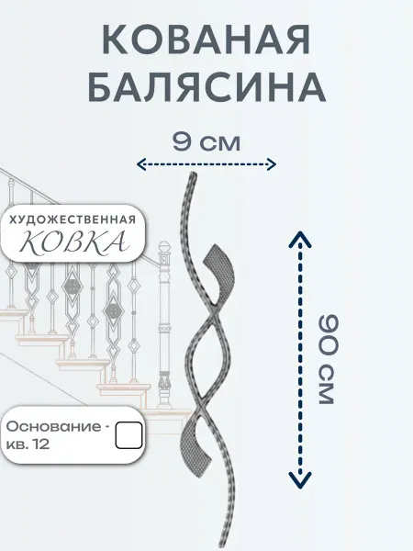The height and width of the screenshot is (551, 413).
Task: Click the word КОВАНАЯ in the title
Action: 206,40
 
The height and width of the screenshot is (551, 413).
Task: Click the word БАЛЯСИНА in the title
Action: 206,87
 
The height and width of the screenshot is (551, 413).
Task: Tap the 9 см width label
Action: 206,142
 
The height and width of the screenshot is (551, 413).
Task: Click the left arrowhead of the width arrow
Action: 140,164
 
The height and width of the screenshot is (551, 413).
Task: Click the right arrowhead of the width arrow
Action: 273,164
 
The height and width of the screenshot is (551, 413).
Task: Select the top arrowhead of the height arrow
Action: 300,238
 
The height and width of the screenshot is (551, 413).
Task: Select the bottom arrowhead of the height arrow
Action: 300,480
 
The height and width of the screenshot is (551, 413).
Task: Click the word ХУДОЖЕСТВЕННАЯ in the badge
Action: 72,219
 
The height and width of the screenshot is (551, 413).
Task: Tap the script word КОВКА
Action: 72,242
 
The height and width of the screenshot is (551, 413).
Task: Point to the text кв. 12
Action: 28,444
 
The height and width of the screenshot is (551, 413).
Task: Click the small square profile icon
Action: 128,435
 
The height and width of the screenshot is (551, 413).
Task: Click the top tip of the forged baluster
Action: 193,174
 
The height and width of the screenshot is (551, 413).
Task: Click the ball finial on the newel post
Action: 164,246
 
